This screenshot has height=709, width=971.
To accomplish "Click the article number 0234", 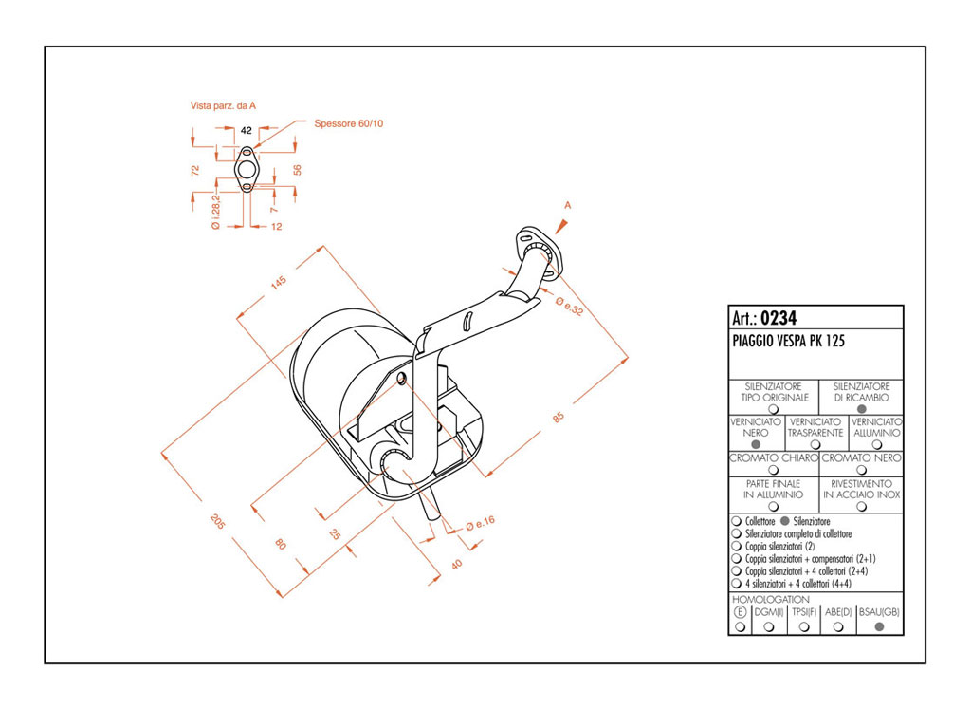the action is pyautogui.click(x=779, y=319).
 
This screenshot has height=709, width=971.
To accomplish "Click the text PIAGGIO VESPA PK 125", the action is pyautogui.click(x=788, y=341).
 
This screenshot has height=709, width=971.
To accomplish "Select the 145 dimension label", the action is pyautogui.click(x=279, y=283).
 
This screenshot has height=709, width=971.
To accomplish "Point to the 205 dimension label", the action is pyautogui.click(x=217, y=521).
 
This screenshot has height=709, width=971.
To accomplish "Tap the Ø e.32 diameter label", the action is pyautogui.click(x=570, y=306).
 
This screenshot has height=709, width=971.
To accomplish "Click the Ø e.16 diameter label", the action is pyautogui.click(x=481, y=524).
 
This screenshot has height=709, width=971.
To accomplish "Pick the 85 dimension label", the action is pyautogui.click(x=559, y=418).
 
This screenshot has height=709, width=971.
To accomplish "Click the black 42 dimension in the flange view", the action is pyautogui.click(x=246, y=130).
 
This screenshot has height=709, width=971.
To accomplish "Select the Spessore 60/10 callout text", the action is pyautogui.click(x=349, y=123).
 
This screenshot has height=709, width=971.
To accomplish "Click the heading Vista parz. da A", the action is pyautogui.click(x=223, y=106).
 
